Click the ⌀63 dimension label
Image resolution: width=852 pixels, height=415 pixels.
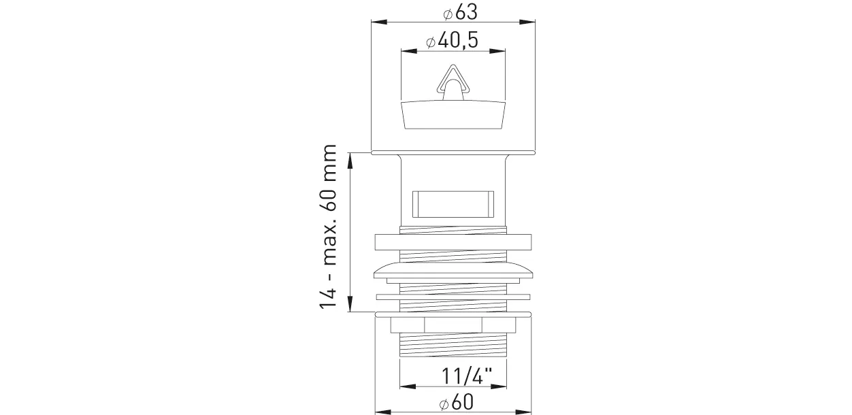(460, 12)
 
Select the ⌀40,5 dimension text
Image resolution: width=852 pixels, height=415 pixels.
(452, 40)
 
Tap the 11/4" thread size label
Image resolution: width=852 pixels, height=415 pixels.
(467, 376)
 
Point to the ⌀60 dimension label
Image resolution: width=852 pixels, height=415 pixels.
(456, 403)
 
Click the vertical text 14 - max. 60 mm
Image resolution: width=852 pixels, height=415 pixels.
(328, 227)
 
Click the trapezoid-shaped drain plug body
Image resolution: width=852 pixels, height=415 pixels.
(453, 114)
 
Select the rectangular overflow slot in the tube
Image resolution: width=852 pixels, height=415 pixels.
(453, 204)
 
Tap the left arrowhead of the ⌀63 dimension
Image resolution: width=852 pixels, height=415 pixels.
(379, 22)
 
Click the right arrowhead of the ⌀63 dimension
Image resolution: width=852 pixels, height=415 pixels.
(527, 22)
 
